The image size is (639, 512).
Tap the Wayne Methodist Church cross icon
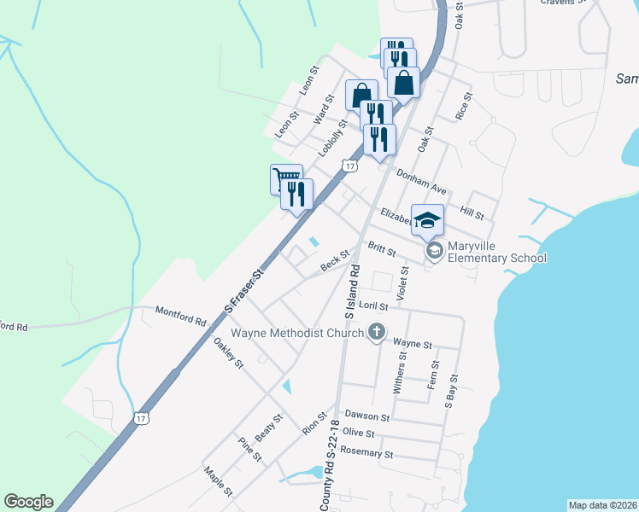(376, 333)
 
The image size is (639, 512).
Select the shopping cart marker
(285, 179)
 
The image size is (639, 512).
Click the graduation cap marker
(427, 219)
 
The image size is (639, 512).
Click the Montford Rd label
(181, 317)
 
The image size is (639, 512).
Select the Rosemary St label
(366, 453)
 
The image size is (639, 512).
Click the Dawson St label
(367, 417)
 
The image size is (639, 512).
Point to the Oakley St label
(229, 352)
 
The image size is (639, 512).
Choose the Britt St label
(381, 248)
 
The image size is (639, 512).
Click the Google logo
(28, 502)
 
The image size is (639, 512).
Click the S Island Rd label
(352, 292)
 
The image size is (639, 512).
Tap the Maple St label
(218, 480)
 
